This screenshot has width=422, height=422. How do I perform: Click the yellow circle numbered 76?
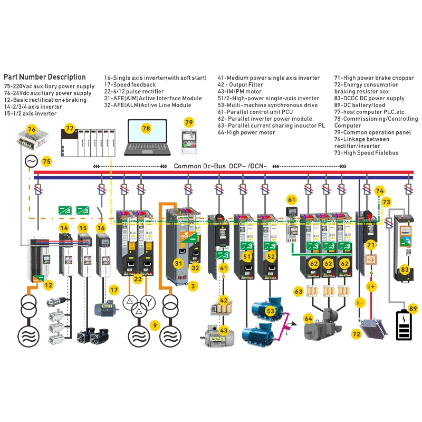point(32,128)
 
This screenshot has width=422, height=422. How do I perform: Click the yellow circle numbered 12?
point(48,285)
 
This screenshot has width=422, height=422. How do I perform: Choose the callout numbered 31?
point(179,263)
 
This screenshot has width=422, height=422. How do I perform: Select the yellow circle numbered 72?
point(357,334)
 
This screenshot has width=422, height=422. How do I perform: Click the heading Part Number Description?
point(44,77)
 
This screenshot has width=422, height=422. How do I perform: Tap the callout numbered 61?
point(292,199)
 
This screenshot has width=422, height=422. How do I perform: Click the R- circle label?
point(359,303)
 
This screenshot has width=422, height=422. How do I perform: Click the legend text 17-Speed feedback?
point(130,85)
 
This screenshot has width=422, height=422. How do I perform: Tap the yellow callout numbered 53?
point(271,311)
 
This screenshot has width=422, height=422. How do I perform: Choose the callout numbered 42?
point(224,300)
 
